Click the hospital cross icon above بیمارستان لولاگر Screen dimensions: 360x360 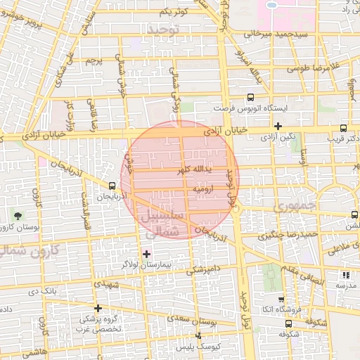point(146,254)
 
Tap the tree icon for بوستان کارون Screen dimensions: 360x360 point(17,215)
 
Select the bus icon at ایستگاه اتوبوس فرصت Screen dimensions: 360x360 point(250,98)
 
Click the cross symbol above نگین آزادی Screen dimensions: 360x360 point(278,127)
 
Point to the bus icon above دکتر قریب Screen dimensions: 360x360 point(343,128)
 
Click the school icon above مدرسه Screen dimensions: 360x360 point(345,275)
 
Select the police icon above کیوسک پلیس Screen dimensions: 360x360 point(199,335)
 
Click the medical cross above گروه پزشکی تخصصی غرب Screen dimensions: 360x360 point(98,308)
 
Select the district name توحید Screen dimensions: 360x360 point(164,30)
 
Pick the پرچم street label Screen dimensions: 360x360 point(94,62)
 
